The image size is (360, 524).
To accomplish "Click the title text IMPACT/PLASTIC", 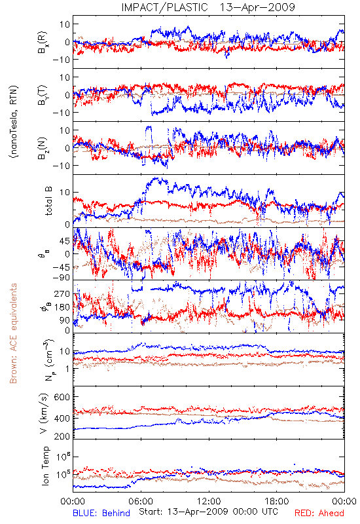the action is click(x=164, y=7).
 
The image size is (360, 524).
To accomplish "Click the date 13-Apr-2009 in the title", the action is click(x=257, y=7).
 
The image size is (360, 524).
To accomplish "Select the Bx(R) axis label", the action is click(x=43, y=43).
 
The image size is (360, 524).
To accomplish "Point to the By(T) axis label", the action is click(x=43, y=95).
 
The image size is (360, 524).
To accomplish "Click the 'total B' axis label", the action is click(x=48, y=201).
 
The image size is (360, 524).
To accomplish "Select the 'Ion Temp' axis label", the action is click(x=45, y=466).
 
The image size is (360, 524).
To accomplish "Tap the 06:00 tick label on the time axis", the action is click(x=141, y=501).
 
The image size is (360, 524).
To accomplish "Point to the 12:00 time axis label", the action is click(x=209, y=501).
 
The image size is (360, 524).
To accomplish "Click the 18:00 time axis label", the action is click(x=277, y=501).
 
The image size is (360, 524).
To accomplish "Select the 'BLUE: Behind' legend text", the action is click(x=101, y=513).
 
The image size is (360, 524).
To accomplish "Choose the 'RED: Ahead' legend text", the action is click(x=319, y=513).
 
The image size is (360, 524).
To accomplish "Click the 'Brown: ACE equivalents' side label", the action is click(x=13, y=333).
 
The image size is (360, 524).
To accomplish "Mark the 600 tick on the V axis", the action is click(x=62, y=397).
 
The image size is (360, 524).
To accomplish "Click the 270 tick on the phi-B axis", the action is click(x=62, y=293).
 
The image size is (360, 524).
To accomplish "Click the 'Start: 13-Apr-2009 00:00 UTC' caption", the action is click(x=208, y=512).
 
